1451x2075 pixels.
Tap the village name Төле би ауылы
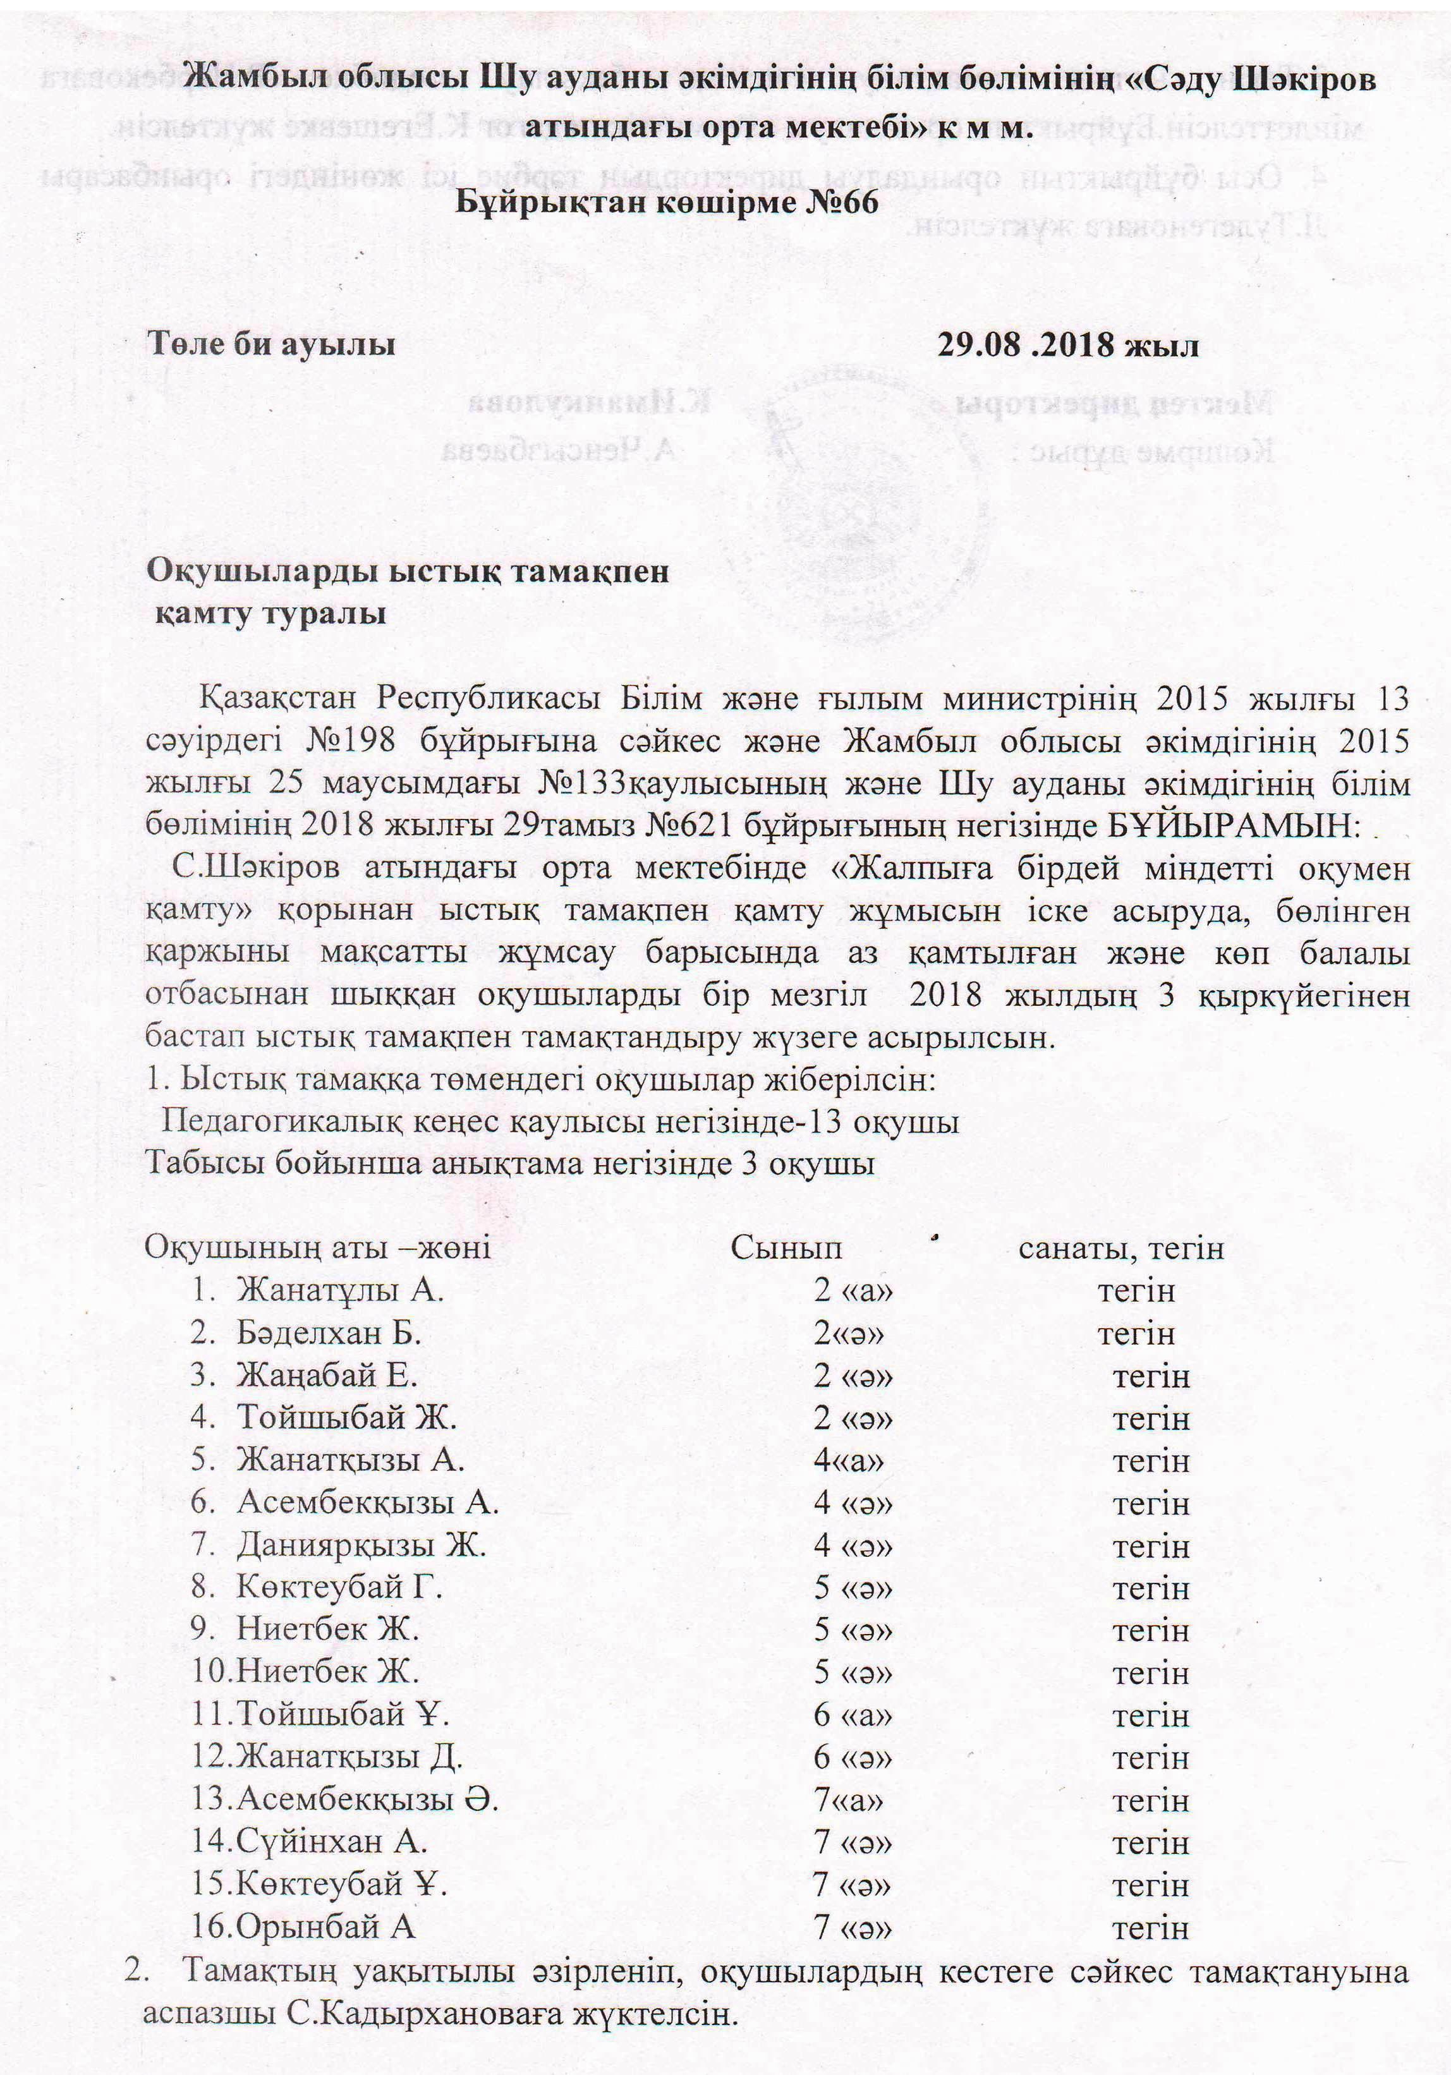(272, 344)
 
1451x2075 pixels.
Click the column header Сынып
(786, 1248)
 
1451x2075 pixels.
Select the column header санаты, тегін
(1121, 1248)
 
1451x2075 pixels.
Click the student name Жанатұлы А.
(340, 1290)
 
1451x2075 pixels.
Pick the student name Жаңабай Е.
(327, 1376)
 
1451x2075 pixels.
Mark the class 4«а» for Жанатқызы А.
(848, 1460)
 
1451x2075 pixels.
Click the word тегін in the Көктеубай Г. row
(1151, 1588)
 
